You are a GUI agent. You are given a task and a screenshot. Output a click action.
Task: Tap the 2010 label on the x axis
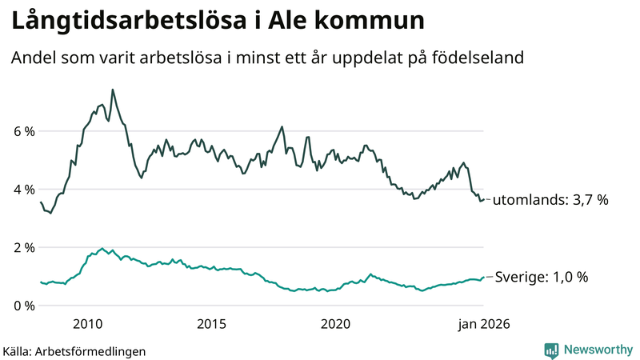coord(87,324)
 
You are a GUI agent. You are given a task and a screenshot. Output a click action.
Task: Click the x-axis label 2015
coord(211,324)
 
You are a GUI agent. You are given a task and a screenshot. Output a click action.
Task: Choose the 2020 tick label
coord(335,324)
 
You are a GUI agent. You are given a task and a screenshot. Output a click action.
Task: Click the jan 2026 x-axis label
coord(483,324)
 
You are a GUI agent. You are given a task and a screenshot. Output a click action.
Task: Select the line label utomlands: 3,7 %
coord(550,200)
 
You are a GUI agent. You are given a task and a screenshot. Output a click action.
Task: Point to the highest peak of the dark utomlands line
coord(112,90)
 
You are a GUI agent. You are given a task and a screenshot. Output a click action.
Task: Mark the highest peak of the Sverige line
coord(102,248)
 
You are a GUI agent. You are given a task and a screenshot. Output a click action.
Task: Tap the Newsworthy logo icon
coord(551,350)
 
